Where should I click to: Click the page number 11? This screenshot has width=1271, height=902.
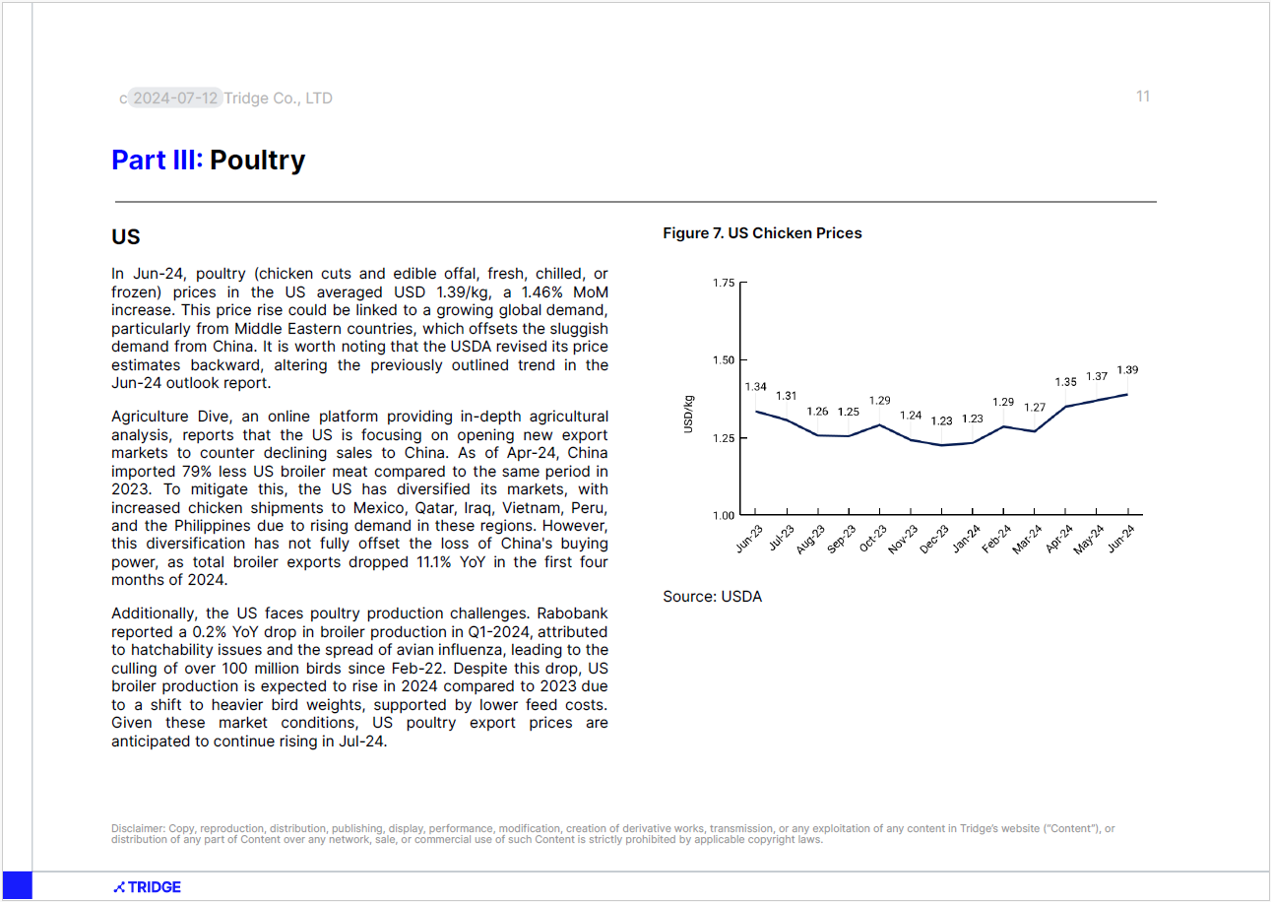point(1143,97)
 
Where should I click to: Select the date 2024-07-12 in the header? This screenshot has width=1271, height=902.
point(175,98)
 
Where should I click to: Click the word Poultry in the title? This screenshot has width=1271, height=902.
point(257,161)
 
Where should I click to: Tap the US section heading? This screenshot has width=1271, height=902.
point(125,236)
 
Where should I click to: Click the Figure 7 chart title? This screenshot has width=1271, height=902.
point(762,233)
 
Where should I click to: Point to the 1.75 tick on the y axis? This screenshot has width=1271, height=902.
point(724,283)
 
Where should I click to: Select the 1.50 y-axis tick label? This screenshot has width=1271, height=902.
point(724,360)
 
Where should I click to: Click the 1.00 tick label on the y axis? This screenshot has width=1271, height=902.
point(724,515)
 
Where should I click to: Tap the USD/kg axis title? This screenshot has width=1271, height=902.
point(688,415)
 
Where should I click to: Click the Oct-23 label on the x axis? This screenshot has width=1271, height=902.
point(872,538)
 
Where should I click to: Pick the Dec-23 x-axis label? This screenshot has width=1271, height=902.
point(934,540)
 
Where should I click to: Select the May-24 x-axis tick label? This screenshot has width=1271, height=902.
point(1088,540)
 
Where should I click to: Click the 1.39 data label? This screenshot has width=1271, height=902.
point(1127,370)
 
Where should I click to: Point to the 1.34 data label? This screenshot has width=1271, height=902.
point(755,387)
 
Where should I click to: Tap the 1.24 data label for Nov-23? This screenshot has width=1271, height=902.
point(911,416)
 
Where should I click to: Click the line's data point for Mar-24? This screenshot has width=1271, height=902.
point(1035,431)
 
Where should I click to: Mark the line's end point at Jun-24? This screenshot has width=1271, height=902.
point(1127,395)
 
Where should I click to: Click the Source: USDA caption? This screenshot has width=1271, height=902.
point(712,597)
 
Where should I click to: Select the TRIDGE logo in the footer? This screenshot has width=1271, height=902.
point(148,887)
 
